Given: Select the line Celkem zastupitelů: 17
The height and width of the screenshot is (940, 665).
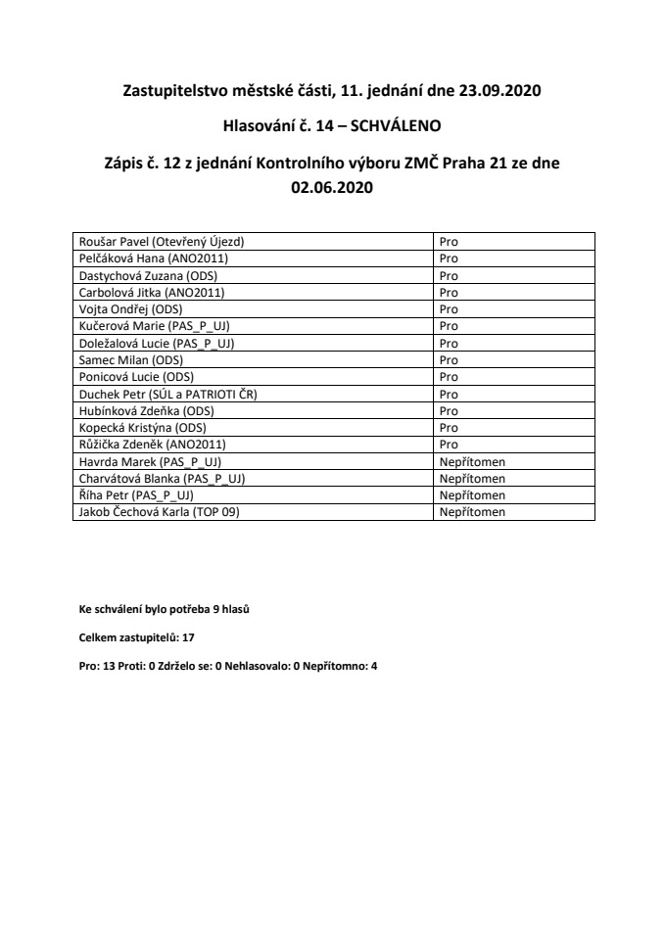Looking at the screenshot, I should (x=137, y=636).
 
